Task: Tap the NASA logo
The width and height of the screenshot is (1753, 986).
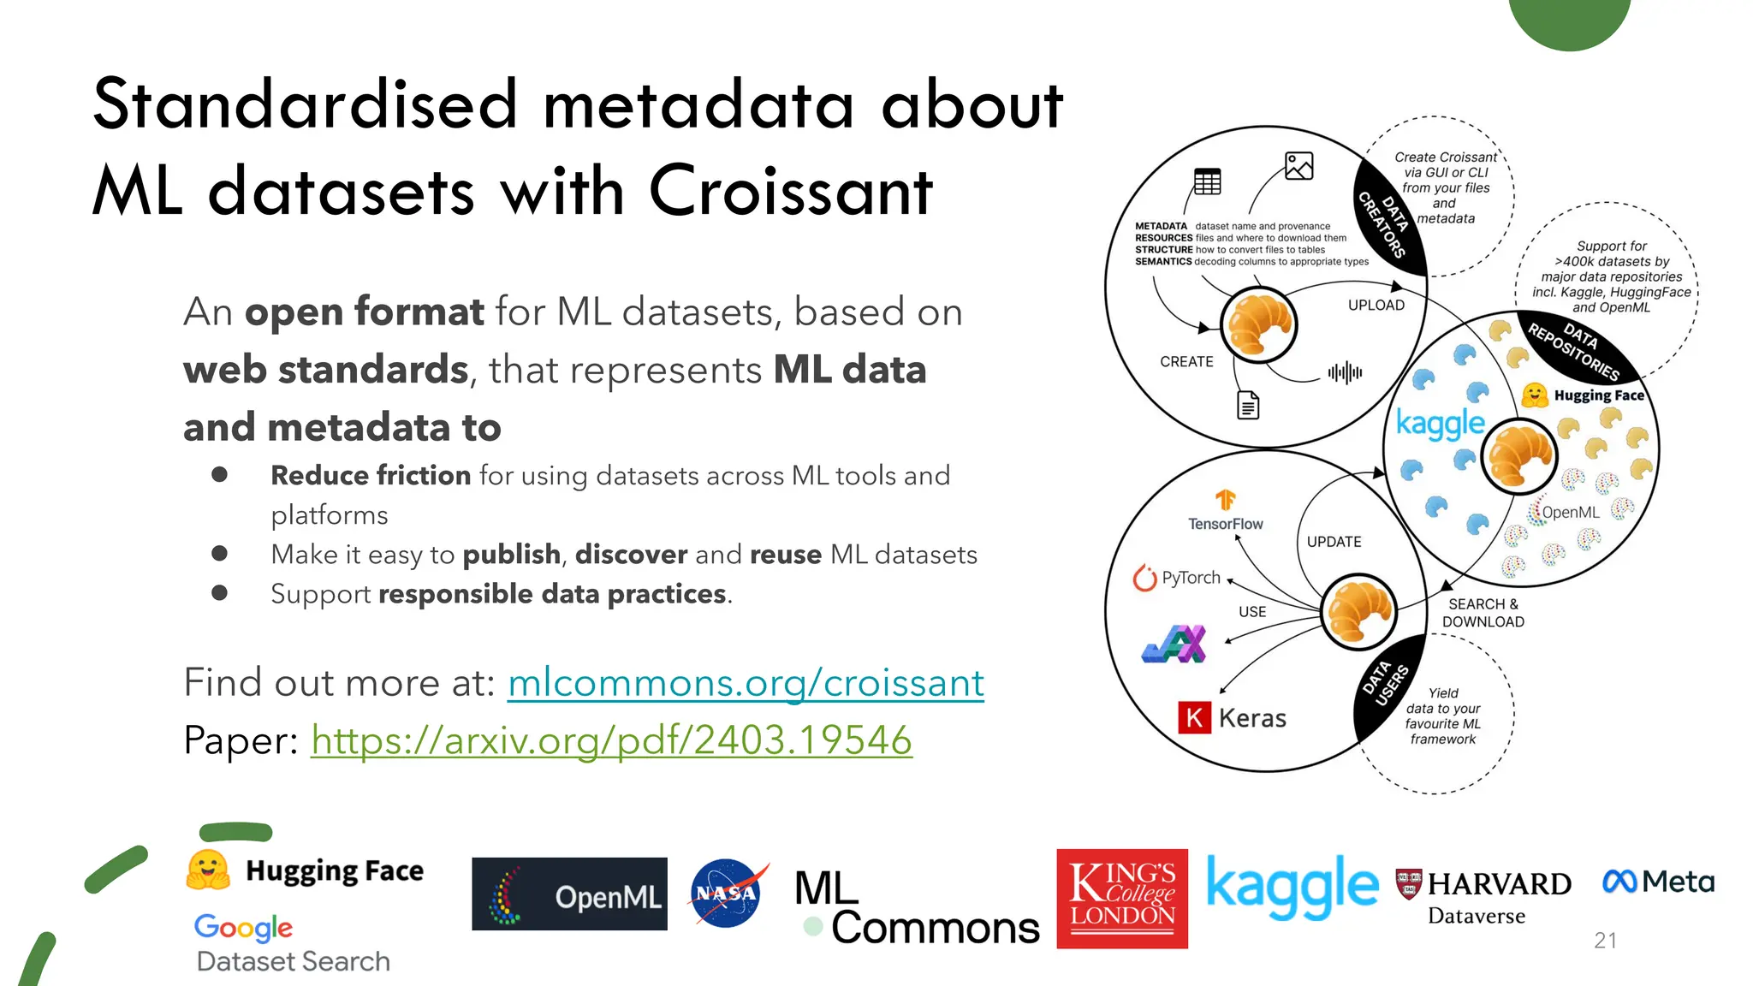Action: coord(727,894)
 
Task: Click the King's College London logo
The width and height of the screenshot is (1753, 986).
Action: coord(1122,899)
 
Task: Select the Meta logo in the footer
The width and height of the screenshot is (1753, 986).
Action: coord(1658,882)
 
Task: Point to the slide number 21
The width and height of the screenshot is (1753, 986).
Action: coord(1605,941)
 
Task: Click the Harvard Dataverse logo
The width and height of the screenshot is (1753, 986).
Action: coord(1483,897)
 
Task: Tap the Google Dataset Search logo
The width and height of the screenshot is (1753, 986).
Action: coord(291,943)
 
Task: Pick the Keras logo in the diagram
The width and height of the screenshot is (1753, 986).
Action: coord(1233,717)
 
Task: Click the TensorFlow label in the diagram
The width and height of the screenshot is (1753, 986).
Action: coord(1225,523)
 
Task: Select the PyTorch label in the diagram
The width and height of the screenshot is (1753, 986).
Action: coord(1178,579)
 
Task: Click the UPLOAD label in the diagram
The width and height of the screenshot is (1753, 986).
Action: coord(1376,306)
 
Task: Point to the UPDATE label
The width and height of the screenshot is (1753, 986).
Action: coord(1334,542)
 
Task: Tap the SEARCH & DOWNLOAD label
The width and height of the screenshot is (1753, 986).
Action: coord(1483,613)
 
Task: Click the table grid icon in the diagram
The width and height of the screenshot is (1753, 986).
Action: coord(1207,181)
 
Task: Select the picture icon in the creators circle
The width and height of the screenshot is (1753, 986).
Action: coord(1298,165)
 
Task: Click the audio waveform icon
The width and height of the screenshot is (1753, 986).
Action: coord(1345,372)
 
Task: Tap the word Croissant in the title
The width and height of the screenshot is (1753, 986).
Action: coord(790,190)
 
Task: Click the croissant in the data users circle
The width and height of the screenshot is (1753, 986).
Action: coord(1358,611)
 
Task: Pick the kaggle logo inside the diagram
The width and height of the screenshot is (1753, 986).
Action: coord(1440,425)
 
